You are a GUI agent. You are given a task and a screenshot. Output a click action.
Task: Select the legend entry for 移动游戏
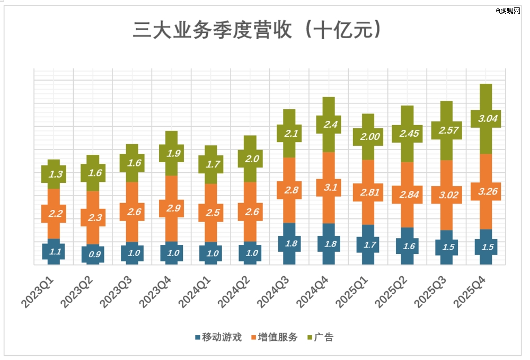tap(218, 337)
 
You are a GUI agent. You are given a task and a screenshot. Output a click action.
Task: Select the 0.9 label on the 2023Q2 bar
tap(93, 254)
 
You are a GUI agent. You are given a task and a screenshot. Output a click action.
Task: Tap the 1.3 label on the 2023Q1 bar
tap(54, 174)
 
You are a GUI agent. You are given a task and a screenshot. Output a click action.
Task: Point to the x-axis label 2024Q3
tap(273, 289)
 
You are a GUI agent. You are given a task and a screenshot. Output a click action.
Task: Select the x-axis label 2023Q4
tap(156, 289)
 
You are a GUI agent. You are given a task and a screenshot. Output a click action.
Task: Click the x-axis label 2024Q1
tap(195, 289)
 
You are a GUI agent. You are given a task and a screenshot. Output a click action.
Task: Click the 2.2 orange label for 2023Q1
tap(54, 213)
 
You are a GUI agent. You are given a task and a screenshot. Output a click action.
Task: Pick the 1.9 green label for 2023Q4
tap(172, 154)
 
